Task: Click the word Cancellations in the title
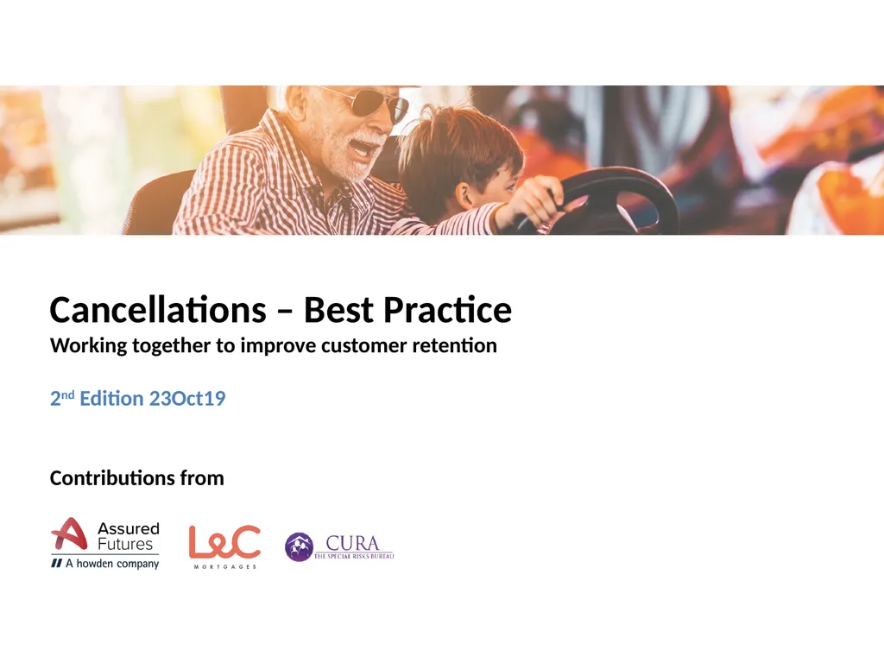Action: (157, 310)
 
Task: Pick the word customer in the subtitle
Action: (361, 346)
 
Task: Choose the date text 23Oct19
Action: (187, 399)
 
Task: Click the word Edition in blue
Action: (111, 399)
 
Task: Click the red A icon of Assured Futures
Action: (69, 535)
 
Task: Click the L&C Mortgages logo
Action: (224, 544)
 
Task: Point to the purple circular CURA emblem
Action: (299, 547)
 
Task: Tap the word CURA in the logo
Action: (352, 544)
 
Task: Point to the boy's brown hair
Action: (458, 147)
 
